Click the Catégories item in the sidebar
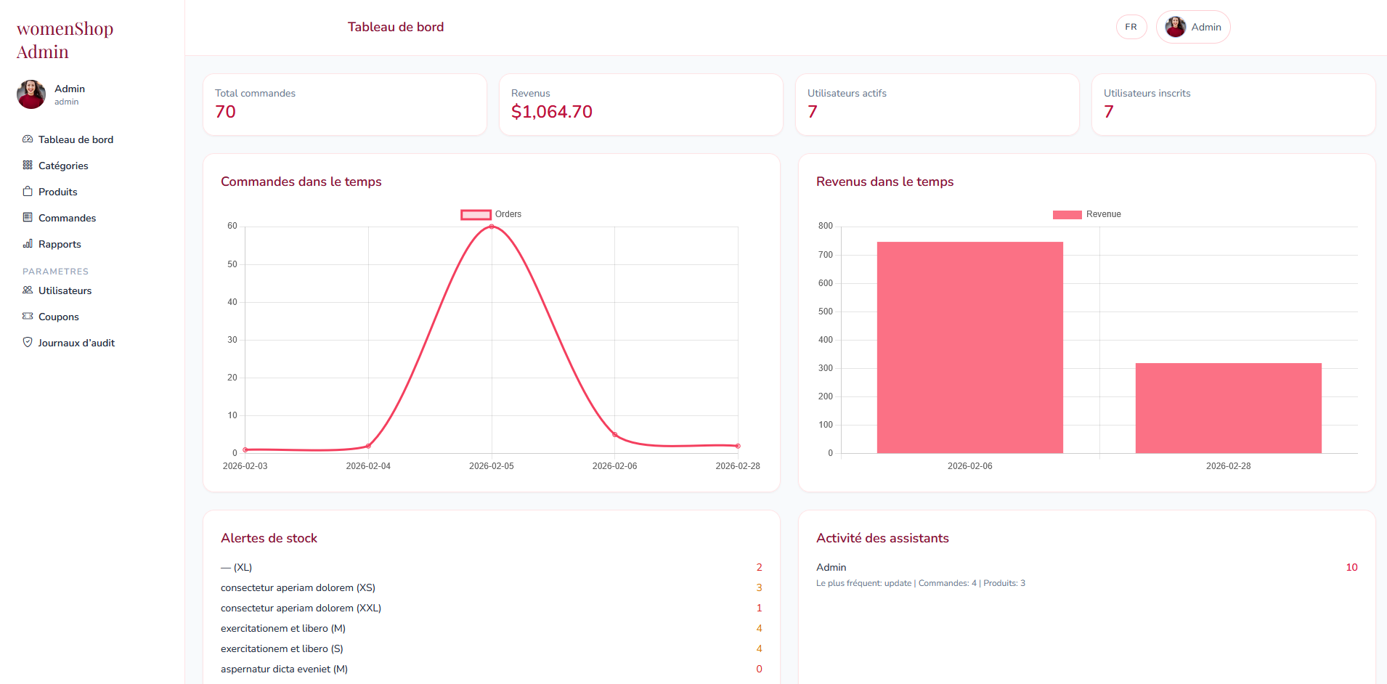[x=62, y=166]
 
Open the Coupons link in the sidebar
[x=58, y=317]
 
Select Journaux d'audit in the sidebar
[x=76, y=343]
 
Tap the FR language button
[x=1131, y=27]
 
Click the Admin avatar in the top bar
[x=1176, y=27]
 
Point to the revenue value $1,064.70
[x=551, y=112]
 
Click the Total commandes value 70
[x=225, y=112]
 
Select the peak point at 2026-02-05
[x=492, y=227]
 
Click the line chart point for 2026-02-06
[x=615, y=435]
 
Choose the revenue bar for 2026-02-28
[x=1228, y=408]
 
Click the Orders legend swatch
[x=476, y=214]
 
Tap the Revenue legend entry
[x=1087, y=214]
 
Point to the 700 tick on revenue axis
[x=826, y=255]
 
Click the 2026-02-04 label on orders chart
[x=368, y=466]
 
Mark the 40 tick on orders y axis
[x=232, y=302]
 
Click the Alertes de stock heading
[x=269, y=538]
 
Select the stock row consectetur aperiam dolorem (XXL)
[x=301, y=608]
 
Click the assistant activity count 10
[x=1351, y=567]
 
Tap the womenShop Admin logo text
[x=65, y=40]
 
